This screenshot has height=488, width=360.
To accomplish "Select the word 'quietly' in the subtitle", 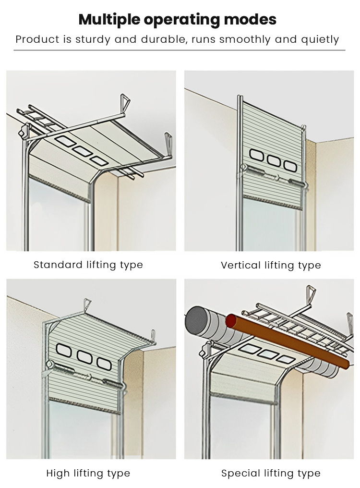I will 320,39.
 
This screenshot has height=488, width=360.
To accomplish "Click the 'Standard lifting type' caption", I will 88,265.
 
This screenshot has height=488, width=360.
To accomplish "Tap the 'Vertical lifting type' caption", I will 271,265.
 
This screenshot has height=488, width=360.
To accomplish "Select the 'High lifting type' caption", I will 88,473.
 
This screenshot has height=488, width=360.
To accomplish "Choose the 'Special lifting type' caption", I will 271,473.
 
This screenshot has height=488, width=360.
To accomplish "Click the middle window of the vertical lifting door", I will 274,161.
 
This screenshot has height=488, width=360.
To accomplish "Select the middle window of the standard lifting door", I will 83,150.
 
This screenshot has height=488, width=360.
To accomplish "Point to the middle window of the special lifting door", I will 266,353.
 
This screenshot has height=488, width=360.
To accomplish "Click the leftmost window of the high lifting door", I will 64,351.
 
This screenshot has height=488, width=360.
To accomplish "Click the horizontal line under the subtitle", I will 180,50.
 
